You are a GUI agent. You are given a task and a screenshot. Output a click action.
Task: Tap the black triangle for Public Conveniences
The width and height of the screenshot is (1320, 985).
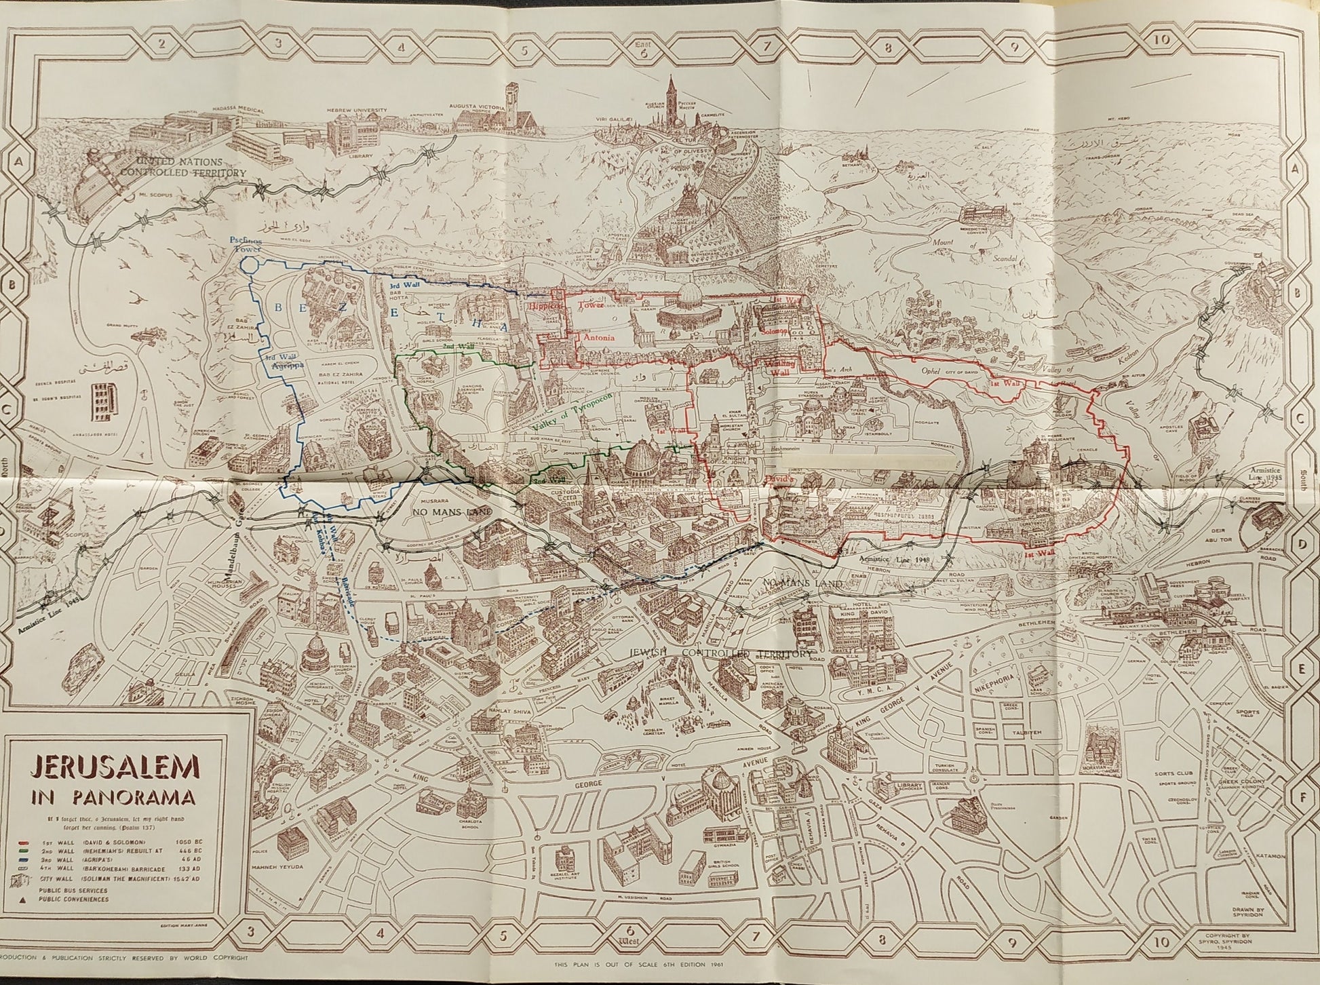pos(26,900)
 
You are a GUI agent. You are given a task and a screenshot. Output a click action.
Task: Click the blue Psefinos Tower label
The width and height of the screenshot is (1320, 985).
pos(249,245)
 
